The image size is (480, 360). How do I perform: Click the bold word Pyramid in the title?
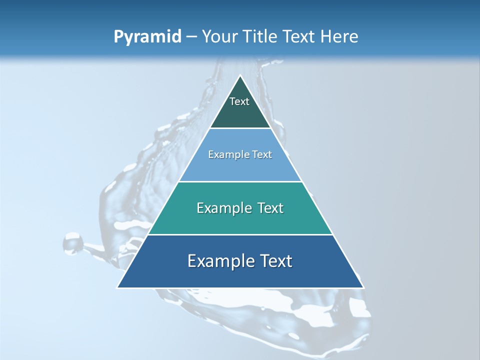click(147, 37)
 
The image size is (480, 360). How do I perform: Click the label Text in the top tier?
click(239, 101)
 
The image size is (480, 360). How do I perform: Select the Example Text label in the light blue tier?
click(240, 154)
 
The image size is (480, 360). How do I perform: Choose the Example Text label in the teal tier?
click(240, 208)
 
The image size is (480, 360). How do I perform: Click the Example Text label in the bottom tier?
click(240, 261)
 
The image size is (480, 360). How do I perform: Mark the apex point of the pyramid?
click(240, 76)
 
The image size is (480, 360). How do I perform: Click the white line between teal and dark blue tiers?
click(240, 234)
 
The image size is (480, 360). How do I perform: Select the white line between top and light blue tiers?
click(240, 128)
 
